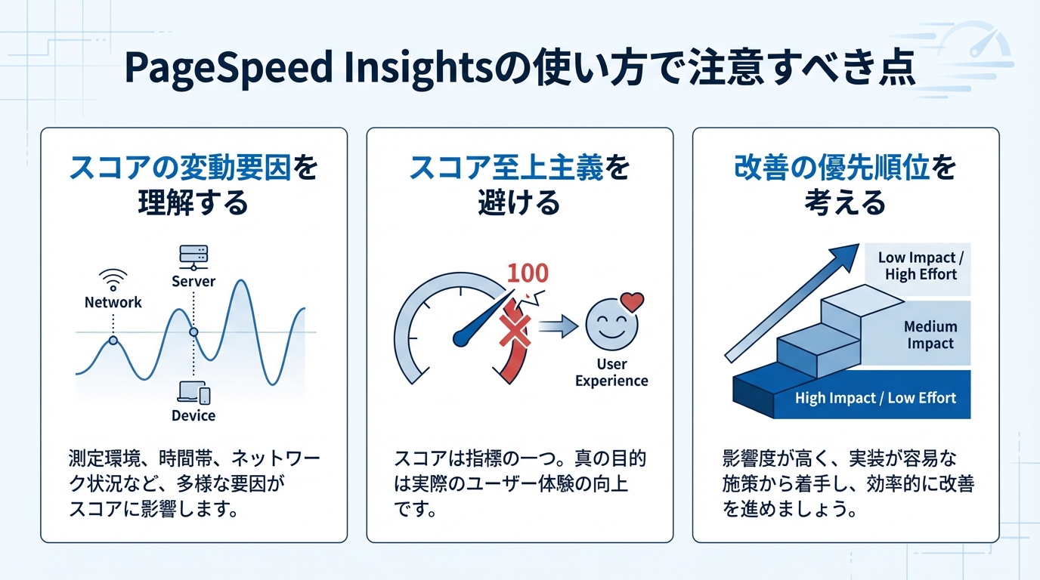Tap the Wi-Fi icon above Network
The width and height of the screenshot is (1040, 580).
tap(113, 279)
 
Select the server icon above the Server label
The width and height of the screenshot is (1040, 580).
tap(193, 257)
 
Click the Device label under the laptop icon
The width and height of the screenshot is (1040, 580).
tap(193, 415)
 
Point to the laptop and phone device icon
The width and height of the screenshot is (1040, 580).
tap(193, 392)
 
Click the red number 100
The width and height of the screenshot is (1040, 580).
tap(528, 273)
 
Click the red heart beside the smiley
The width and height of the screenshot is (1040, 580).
tap(631, 302)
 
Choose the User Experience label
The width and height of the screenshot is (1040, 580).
tap(611, 372)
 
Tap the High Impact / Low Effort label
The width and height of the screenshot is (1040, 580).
tap(875, 398)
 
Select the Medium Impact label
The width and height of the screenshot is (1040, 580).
tap(930, 335)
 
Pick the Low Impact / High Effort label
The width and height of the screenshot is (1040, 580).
tap(921, 266)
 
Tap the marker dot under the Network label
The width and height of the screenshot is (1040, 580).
tap(113, 341)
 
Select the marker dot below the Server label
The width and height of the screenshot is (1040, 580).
tap(193, 332)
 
